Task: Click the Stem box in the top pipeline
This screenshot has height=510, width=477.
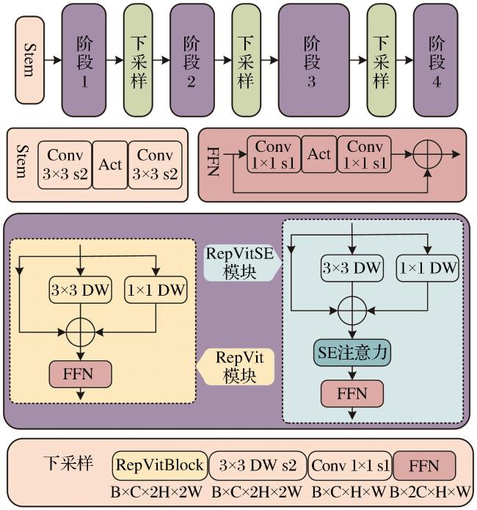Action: pyautogui.click(x=29, y=60)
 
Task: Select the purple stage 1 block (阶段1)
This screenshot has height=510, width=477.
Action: pyautogui.click(x=84, y=60)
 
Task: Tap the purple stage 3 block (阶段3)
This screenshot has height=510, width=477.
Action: pyautogui.click(x=313, y=60)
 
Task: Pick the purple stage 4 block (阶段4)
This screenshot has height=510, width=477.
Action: pyautogui.click(x=435, y=60)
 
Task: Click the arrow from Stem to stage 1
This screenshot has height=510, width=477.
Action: pyautogui.click(x=53, y=60)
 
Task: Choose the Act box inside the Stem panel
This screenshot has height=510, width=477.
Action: pyautogui.click(x=110, y=165)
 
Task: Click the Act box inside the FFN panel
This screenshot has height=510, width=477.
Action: pyautogui.click(x=319, y=154)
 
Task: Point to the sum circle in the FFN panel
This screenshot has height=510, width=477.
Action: pyautogui.click(x=428, y=154)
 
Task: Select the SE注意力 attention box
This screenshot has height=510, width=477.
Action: pyautogui.click(x=352, y=352)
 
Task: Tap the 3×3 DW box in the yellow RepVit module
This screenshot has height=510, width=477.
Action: pyautogui.click(x=81, y=290)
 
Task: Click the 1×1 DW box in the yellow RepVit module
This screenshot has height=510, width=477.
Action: pyautogui.click(x=156, y=290)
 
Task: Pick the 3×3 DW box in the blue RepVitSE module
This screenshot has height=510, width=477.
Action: pyautogui.click(x=352, y=268)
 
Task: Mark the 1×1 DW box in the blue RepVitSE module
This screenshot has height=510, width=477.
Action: pyautogui.click(x=428, y=268)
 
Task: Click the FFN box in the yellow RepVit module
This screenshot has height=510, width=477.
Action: pyautogui.click(x=81, y=374)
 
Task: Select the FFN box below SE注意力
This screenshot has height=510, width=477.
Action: pyautogui.click(x=352, y=393)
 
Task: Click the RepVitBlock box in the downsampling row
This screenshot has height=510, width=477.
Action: pyautogui.click(x=160, y=465)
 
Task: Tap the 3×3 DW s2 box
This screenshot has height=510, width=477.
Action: pyautogui.click(x=258, y=465)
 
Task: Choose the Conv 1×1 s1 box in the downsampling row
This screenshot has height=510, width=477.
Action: pyautogui.click(x=350, y=465)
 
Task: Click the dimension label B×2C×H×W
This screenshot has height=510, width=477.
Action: pyautogui.click(x=430, y=492)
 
